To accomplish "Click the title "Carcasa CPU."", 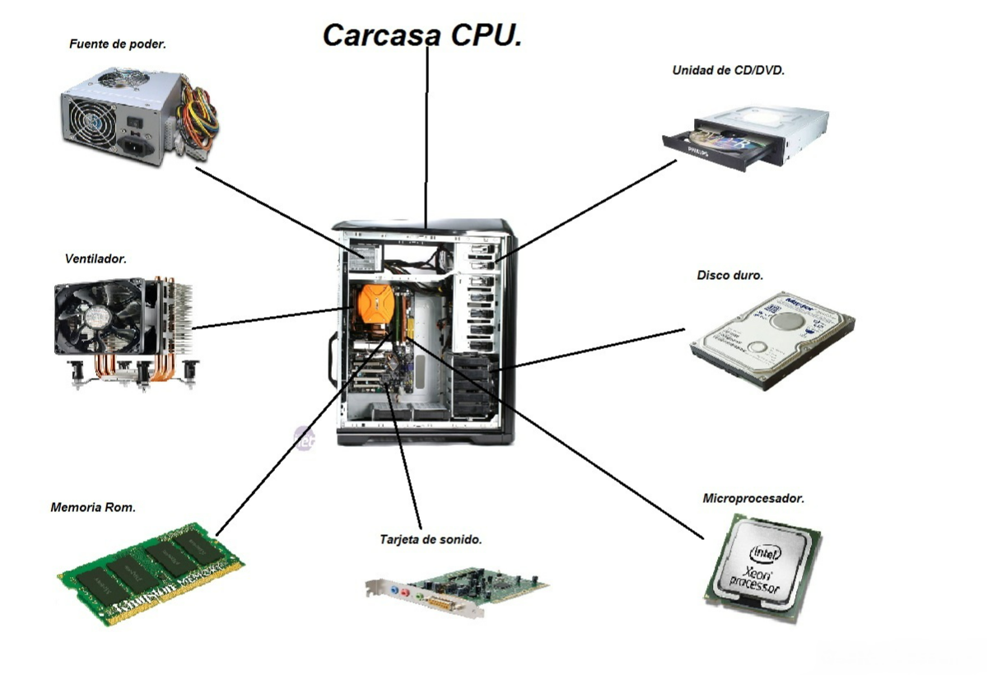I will pyautogui.click(x=422, y=35).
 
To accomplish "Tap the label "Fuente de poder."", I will pyautogui.click(x=118, y=44).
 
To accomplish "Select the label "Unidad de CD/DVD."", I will pyautogui.click(x=728, y=71).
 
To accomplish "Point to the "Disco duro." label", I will pyautogui.click(x=729, y=275).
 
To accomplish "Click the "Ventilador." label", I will pyautogui.click(x=96, y=258).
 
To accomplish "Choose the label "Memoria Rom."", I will pyautogui.click(x=93, y=507).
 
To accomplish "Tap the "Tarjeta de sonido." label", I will pyautogui.click(x=431, y=540).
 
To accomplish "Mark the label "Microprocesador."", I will pyautogui.click(x=753, y=498).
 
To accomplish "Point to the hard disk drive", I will pyautogui.click(x=771, y=337).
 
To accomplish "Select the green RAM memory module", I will pyautogui.click(x=151, y=572).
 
